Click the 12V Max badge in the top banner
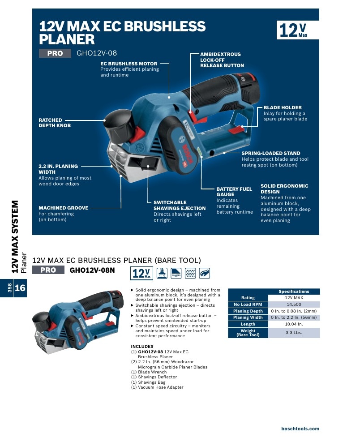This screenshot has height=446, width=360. coord(297,30)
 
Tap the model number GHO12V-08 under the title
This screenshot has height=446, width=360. coord(97,53)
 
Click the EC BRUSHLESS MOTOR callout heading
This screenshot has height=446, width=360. coord(129,64)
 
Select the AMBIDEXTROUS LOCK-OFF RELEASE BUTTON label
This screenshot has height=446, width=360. coord(222,60)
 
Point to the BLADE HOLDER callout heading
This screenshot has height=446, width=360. coord(283,107)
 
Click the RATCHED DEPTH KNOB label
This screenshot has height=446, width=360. coord(55,123)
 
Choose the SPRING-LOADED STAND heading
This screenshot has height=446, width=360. coord(271,153)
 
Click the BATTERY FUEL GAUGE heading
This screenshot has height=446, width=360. coord(234,192)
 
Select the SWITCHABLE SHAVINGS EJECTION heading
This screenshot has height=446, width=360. coord(180,206)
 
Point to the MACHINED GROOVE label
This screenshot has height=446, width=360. coord(64,208)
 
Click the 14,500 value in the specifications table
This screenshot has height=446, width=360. coord(294,304)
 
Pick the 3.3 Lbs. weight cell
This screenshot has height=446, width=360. coord(294,333)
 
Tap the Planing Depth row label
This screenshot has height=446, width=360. coord(248,311)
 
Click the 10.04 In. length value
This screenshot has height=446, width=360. coord(294,324)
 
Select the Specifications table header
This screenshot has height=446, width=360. coord(294,291)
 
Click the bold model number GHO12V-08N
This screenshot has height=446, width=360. coord(92,270)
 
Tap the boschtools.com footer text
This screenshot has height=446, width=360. coord(300,429)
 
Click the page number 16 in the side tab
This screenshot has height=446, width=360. coord(20,288)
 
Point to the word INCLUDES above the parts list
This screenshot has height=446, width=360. coord(142,347)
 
